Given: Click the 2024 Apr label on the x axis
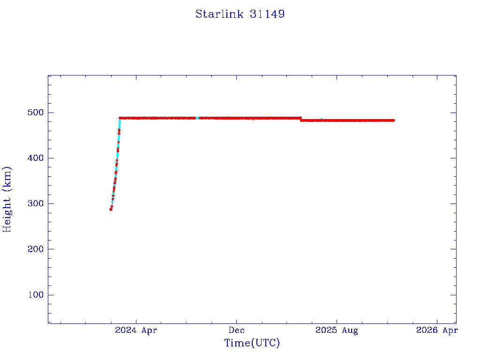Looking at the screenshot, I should [136, 330].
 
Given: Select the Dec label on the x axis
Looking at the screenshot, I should [237, 330].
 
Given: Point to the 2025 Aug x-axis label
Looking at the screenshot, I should [337, 330].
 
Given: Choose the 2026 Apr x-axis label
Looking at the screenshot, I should [437, 330].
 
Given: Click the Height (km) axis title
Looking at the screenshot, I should [7, 199].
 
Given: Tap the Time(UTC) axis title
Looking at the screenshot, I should [252, 343].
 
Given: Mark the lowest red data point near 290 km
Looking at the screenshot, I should [111, 209].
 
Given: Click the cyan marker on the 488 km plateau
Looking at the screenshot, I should [197, 118].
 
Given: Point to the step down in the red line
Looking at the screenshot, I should [300, 119].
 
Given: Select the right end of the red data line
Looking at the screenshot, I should [394, 120].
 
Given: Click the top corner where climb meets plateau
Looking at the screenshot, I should [120, 118].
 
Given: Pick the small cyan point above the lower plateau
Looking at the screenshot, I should [321, 119].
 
